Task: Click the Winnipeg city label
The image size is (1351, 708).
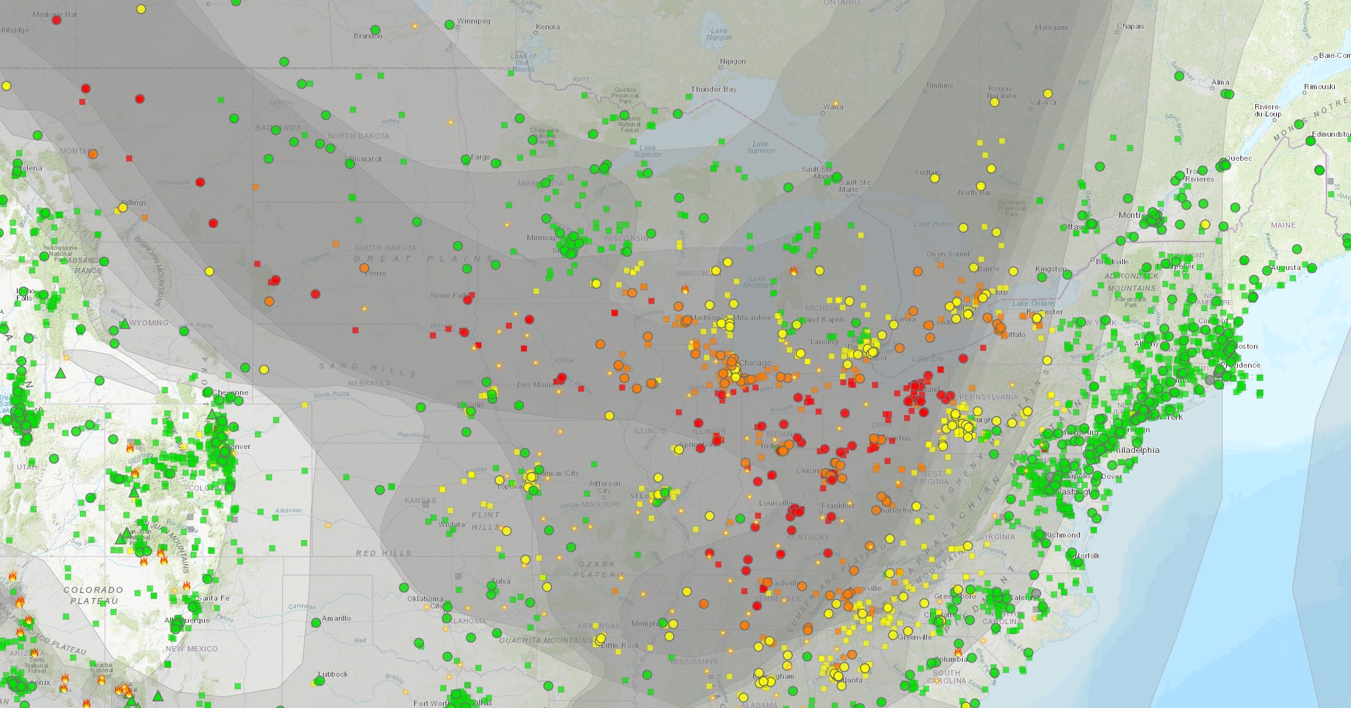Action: (473, 21)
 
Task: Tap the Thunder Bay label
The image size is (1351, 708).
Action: (714, 89)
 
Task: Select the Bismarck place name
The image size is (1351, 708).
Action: (366, 159)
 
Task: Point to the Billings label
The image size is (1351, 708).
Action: (133, 202)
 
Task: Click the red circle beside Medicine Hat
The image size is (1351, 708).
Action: (57, 20)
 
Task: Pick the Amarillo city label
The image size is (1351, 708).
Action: (336, 618)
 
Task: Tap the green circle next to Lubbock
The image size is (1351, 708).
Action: (319, 681)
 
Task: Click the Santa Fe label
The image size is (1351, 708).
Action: (213, 598)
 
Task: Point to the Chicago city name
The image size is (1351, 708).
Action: (755, 363)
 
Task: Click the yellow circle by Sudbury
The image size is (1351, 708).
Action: (935, 178)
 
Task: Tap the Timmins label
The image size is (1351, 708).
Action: (939, 85)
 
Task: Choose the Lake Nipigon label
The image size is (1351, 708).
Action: (719, 34)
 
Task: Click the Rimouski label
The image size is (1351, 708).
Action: (1320, 87)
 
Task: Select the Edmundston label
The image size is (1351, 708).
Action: (1331, 134)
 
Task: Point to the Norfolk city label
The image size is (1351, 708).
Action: (1087, 556)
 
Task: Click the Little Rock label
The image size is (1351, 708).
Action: (620, 646)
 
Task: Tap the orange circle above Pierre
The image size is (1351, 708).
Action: (364, 268)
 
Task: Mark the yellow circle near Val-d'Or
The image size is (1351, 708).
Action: (1047, 94)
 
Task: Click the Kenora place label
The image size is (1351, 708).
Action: (547, 27)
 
